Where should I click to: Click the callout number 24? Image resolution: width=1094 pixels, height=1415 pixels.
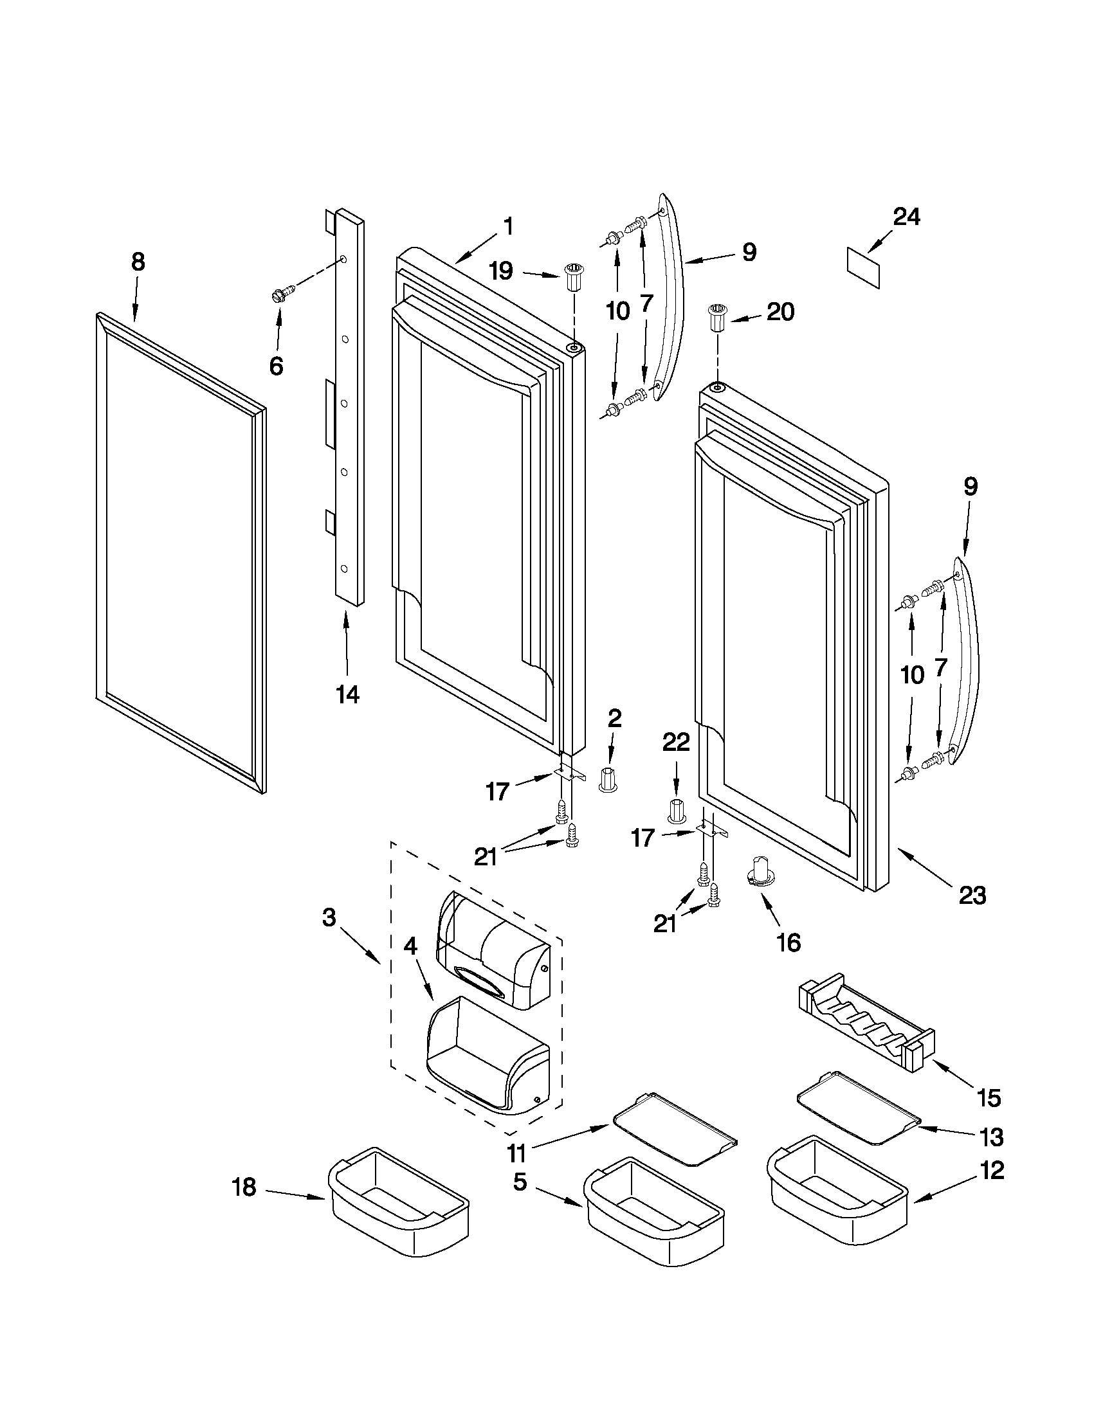click(906, 217)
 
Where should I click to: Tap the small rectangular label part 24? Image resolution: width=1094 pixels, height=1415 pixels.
click(863, 266)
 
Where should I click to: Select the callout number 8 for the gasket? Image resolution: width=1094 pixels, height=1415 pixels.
click(138, 262)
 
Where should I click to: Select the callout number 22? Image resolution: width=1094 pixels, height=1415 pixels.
click(676, 742)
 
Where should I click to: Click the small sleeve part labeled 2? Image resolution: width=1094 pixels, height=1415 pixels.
click(608, 778)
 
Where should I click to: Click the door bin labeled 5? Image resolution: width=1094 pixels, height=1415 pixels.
click(653, 1215)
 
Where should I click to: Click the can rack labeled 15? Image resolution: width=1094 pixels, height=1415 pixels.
click(867, 1027)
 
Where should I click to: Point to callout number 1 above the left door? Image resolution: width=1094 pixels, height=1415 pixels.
click(507, 226)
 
